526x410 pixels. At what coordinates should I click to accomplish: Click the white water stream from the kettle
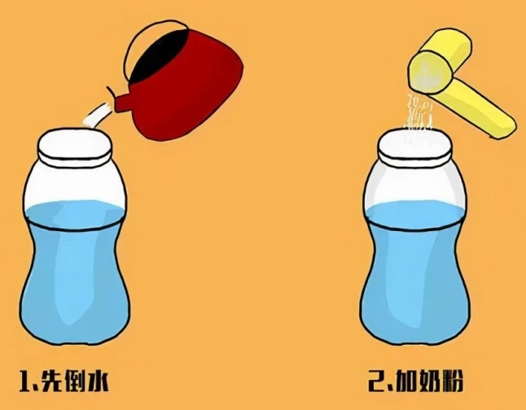tap(97, 116)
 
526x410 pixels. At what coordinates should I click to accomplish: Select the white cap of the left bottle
tap(74, 147)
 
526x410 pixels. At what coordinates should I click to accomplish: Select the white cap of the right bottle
tap(415, 147)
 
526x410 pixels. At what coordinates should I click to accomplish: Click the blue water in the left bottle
tap(74, 272)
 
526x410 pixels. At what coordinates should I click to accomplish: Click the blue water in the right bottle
tap(415, 272)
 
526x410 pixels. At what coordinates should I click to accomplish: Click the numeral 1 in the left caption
tap(26, 381)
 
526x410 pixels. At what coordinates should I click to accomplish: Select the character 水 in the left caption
tap(97, 381)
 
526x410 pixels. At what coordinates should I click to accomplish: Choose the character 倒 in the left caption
tap(74, 381)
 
